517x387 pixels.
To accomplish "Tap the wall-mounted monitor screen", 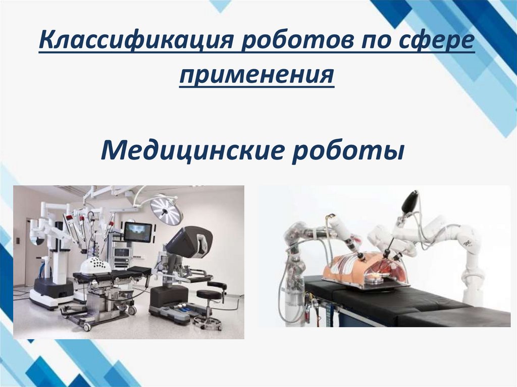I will [137, 232].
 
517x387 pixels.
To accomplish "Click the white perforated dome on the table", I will [95, 264].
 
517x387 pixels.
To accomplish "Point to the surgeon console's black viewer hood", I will [189, 242].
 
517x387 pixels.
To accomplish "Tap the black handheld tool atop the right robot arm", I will [409, 201].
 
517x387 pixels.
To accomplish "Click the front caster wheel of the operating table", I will [87, 327].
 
